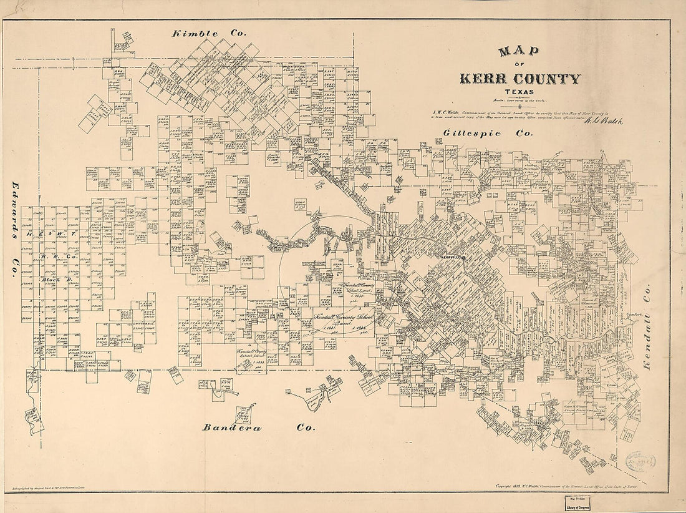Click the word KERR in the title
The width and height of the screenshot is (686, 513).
(484, 79)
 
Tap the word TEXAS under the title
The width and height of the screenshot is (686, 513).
(520, 93)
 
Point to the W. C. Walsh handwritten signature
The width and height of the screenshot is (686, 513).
(602, 121)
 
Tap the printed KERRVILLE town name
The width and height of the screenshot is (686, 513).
(450, 258)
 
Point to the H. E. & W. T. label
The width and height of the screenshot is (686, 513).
(51, 233)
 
